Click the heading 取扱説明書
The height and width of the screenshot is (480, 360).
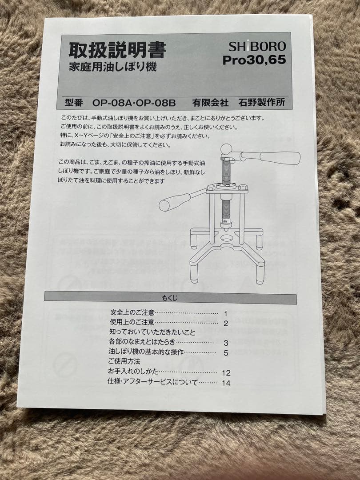tap(117, 50)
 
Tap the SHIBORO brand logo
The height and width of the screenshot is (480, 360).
tap(257, 46)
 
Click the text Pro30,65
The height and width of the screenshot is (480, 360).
tap(254, 60)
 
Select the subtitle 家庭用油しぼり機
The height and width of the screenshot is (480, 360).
tap(112, 68)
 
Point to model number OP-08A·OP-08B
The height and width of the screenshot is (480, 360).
tap(134, 103)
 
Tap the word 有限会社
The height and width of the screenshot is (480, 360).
tap(210, 103)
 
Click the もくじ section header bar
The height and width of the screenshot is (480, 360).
tap(170, 298)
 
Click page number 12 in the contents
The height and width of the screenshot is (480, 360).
tap(226, 373)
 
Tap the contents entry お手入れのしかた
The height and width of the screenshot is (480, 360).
tap(133, 371)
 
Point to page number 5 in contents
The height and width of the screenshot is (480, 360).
tap(226, 353)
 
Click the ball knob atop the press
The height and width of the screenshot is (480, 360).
tap(226, 149)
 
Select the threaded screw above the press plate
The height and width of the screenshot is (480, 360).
tap(226, 171)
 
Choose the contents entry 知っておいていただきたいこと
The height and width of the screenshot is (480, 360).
tap(152, 332)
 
